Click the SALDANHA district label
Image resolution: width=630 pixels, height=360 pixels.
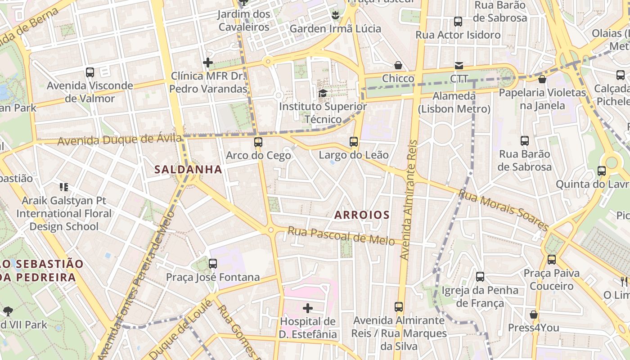tap(188, 170)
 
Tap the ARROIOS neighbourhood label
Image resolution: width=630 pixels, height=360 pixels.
tap(362, 215)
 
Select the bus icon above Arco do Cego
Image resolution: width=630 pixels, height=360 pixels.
tap(258, 142)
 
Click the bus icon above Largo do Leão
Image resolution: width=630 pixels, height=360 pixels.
tap(354, 142)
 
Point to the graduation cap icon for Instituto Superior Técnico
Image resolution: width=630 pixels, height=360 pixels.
tap(323, 94)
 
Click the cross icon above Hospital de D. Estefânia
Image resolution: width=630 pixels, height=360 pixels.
tap(308, 308)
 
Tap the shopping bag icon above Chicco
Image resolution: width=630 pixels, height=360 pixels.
tap(398, 65)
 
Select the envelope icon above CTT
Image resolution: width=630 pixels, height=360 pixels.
tap(459, 66)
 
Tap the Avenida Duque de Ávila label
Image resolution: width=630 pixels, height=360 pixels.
tap(120, 140)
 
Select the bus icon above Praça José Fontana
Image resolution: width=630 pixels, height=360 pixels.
tap(213, 264)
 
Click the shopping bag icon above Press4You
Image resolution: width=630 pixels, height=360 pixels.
tap(533, 315)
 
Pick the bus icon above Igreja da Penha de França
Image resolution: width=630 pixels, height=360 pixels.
tap(480, 277)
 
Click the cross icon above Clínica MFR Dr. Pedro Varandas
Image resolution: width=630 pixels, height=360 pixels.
tap(208, 63)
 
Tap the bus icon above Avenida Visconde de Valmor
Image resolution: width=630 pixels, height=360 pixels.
tap(90, 72)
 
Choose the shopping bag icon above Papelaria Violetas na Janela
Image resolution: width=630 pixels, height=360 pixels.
tap(542, 79)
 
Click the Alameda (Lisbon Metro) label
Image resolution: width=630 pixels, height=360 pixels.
tap(454, 102)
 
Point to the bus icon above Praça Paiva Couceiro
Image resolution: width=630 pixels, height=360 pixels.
tap(551, 260)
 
